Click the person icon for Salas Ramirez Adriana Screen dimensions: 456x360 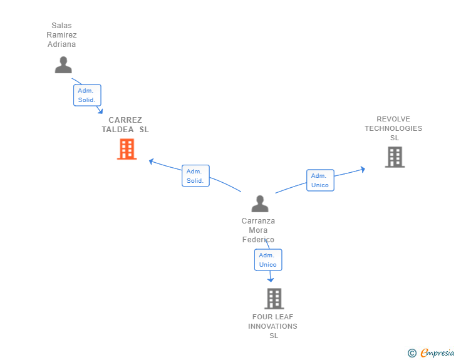63,65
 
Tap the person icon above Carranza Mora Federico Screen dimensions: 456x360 260,203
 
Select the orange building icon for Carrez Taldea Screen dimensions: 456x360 127,149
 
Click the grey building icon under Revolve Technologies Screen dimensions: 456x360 395,157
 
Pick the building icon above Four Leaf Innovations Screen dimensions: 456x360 274,299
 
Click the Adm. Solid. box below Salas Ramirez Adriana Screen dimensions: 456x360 87,95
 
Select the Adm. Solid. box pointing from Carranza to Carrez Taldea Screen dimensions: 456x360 195,176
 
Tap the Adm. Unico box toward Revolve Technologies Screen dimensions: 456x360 320,180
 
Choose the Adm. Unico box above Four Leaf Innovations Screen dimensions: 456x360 268,260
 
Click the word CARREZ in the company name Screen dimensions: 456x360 125,120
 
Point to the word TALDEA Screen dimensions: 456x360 118,130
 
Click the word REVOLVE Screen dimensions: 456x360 393,119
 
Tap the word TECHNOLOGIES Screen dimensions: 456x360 393,128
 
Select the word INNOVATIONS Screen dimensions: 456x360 273,326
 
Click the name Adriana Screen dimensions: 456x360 61,44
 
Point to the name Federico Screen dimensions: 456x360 258,240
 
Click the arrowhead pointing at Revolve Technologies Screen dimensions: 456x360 363,169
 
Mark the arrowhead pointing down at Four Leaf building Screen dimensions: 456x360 271,280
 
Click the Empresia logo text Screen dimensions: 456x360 437,352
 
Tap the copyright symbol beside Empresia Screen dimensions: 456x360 412,353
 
